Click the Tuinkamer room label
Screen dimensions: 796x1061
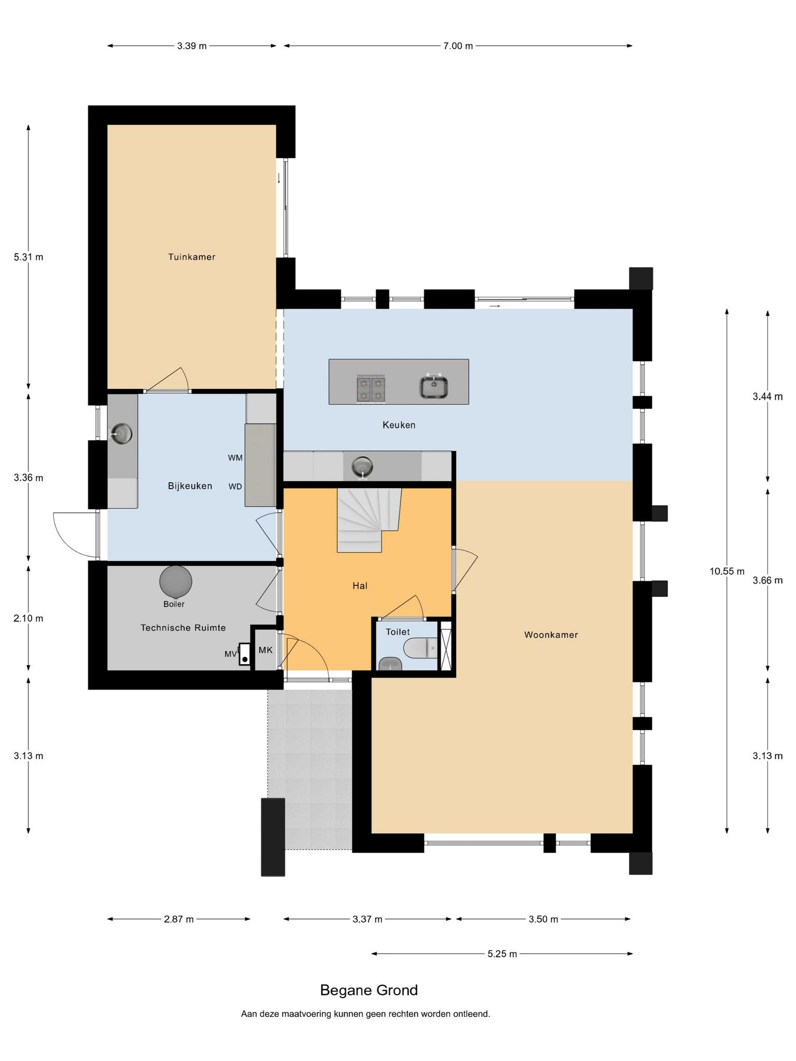tap(191, 257)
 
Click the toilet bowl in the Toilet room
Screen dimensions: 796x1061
tap(420, 647)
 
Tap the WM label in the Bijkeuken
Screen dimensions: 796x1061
tap(235, 458)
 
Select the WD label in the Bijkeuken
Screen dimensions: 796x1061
tap(235, 486)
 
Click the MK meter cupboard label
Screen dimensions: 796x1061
tap(265, 650)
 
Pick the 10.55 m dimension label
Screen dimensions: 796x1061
tap(727, 571)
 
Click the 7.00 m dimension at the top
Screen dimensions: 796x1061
tap(458, 46)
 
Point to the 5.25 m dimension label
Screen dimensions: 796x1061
tap(502, 954)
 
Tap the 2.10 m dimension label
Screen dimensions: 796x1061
tap(29, 618)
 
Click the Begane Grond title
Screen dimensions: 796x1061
tap(369, 990)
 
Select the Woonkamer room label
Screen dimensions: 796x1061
tap(551, 635)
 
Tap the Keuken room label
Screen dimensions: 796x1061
tap(399, 425)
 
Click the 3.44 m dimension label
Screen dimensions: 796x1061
tap(767, 397)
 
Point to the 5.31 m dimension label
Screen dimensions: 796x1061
tap(29, 257)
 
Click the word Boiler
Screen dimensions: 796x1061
tap(174, 604)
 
